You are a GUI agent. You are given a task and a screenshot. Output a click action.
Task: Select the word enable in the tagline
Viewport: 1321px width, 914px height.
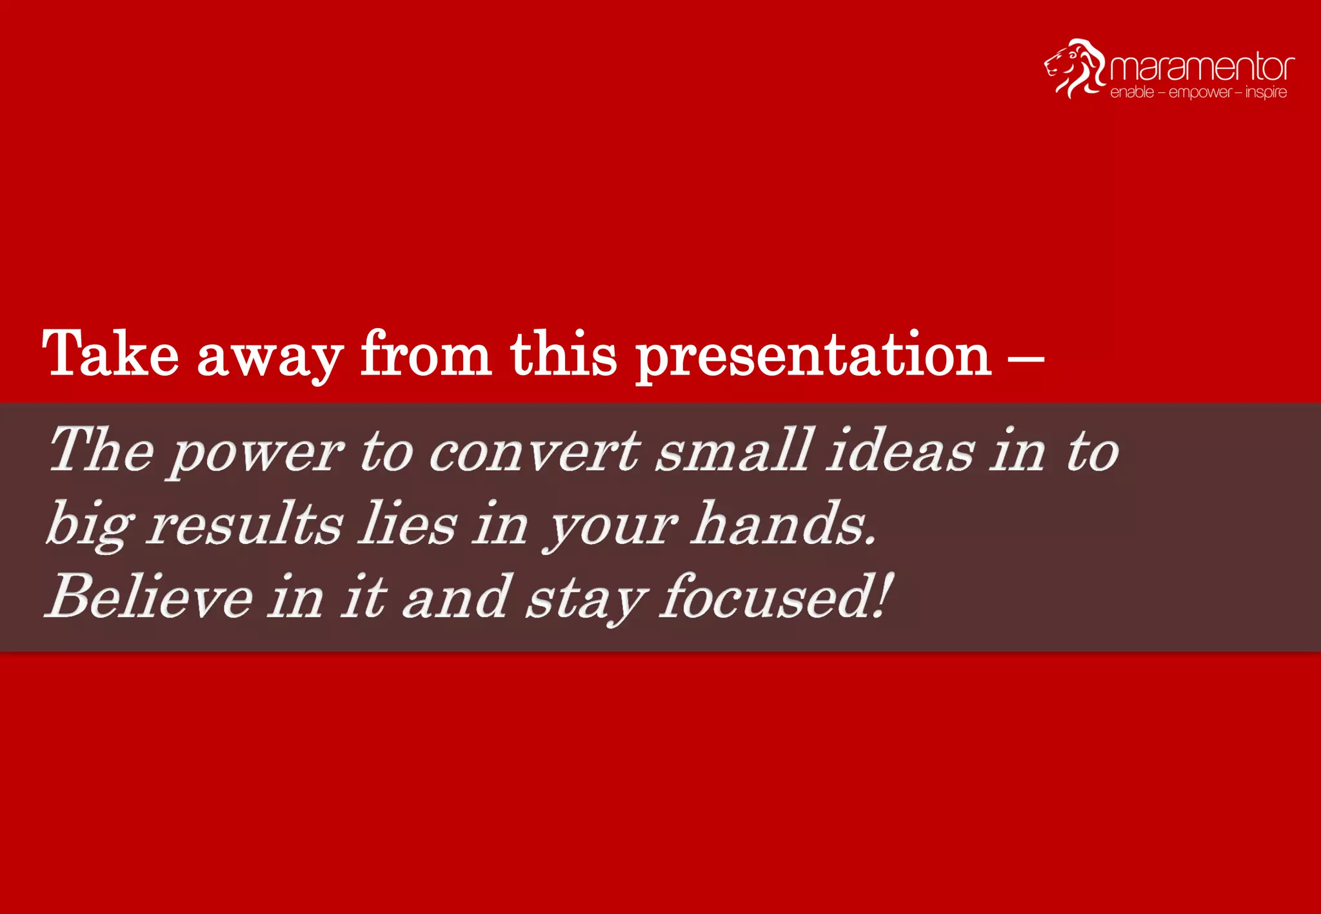click(1131, 92)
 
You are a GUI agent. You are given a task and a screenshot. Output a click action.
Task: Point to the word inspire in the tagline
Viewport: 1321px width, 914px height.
click(1266, 92)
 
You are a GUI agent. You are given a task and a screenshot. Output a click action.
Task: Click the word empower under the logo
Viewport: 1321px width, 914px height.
click(1200, 93)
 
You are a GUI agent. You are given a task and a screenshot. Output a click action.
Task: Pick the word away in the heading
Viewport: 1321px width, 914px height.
click(270, 356)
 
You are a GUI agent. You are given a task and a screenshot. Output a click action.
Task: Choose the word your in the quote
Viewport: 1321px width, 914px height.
click(610, 526)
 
